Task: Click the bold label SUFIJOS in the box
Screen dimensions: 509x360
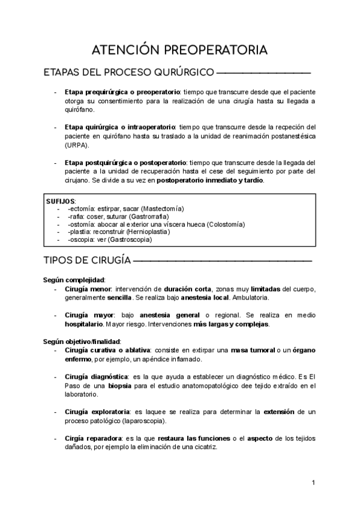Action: pos(61,200)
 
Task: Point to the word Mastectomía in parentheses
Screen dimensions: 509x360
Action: pos(161,208)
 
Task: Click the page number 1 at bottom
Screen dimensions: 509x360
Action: pos(314,483)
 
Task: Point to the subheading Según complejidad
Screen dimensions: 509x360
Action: pos(74,280)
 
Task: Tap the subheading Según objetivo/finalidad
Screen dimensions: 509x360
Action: pos(82,341)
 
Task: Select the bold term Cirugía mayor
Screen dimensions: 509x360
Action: pos(88,315)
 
